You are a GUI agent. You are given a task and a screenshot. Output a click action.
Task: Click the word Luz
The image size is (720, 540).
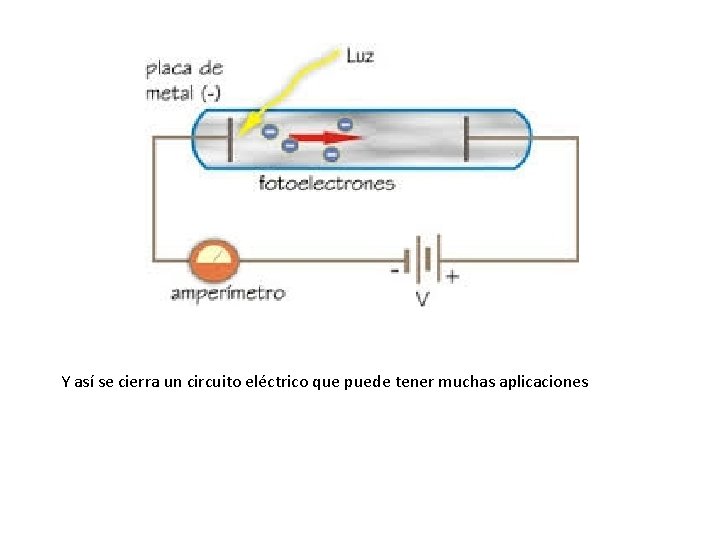(360, 55)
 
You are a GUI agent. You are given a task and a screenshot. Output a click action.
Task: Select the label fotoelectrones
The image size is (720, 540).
(327, 183)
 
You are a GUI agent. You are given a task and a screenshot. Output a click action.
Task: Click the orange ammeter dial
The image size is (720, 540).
(215, 261)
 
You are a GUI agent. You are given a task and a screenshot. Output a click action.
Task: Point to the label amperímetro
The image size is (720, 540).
(228, 293)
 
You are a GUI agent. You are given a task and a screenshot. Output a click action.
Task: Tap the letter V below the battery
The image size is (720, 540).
(423, 298)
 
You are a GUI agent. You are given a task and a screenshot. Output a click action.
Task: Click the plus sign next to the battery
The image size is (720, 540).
(452, 275)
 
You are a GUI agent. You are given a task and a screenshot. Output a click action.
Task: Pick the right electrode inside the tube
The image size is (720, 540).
(464, 138)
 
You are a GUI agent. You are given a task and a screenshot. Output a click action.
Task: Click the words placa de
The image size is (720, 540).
(184, 69)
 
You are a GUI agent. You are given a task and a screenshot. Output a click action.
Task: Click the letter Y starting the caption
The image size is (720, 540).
(65, 381)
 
